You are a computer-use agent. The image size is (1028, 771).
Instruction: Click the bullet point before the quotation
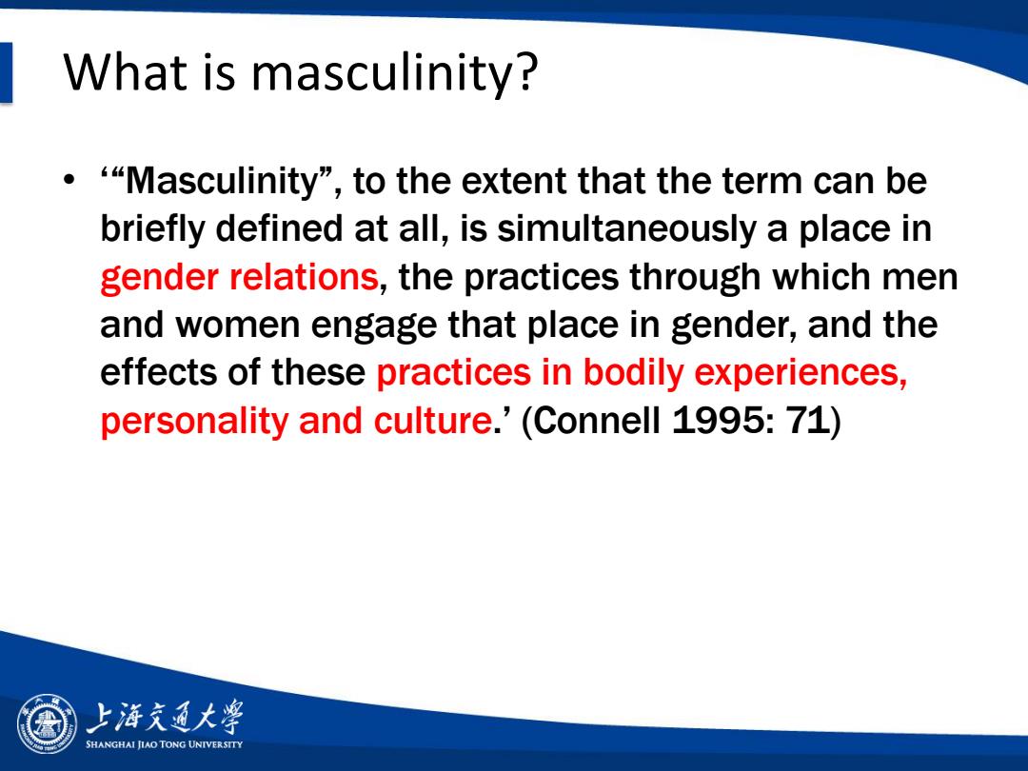[69, 179]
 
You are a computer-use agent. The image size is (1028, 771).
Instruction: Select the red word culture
[432, 421]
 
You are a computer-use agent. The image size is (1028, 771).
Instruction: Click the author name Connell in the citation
[597, 421]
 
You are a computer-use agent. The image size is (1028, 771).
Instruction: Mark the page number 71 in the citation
[808, 421]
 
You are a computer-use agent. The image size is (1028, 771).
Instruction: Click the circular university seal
[47, 723]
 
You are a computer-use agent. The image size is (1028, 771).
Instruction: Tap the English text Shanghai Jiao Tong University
[164, 744]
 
